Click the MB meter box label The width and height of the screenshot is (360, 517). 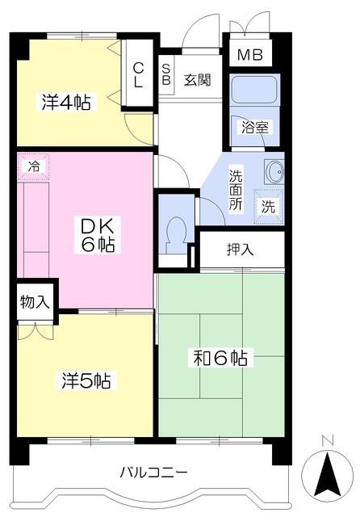pos(250,55)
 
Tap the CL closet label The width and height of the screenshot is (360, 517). pos(138,75)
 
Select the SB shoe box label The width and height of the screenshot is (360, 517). pos(166,74)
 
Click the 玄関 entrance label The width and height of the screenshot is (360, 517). pos(197,80)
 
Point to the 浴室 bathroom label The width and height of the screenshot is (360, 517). pos(255,128)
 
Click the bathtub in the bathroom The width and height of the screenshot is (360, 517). pos(254,90)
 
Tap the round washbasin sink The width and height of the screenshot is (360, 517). pos(274,171)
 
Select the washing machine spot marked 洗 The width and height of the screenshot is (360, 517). pos(269,207)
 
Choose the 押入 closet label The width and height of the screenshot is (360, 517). pos(240,250)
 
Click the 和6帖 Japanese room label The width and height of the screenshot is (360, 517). pos(220,358)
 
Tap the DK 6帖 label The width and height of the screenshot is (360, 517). pos(98,235)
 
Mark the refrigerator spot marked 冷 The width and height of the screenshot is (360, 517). pos(33,166)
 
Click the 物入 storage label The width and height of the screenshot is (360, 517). pos(35,301)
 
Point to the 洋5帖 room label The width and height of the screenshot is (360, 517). pos(86,380)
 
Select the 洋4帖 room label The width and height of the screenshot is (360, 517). pos(66,102)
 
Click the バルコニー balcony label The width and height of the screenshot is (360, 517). pos(153,473)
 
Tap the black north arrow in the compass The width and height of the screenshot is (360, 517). pos(328,474)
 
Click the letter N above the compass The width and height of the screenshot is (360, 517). pos(328,440)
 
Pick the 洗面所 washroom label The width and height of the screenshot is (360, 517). pos(236,190)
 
